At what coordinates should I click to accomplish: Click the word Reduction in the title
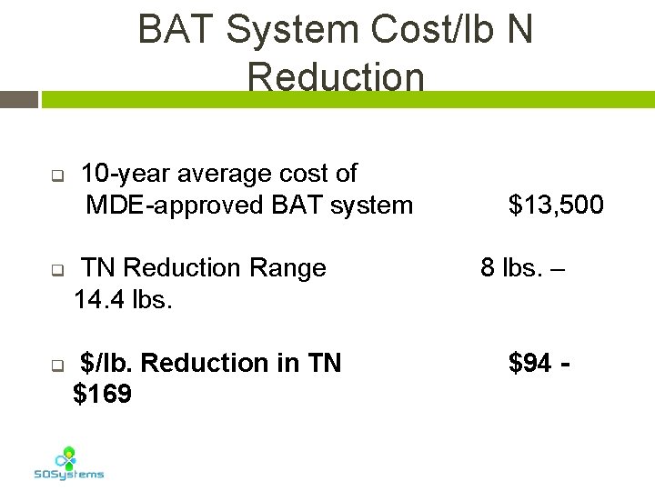[x=335, y=77]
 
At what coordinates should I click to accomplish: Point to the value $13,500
[x=556, y=205]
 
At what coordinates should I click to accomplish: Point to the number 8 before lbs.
[x=488, y=268]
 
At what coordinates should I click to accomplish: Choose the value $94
[x=529, y=364]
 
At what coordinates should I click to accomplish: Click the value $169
[x=102, y=395]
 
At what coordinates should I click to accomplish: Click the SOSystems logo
[x=68, y=463]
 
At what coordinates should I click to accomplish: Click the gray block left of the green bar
[x=19, y=99]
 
